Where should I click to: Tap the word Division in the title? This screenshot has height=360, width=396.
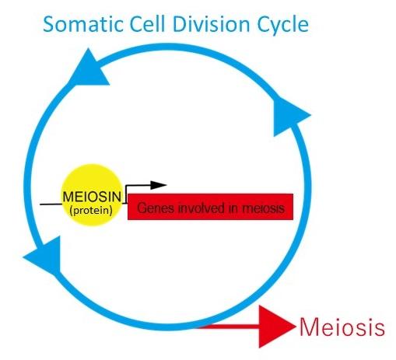(213, 25)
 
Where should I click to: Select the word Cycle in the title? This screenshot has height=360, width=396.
(282, 26)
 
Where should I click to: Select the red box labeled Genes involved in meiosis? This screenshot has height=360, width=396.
(209, 208)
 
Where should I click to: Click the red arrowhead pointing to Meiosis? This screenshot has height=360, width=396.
(276, 327)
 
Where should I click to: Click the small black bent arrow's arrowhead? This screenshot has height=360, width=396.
(159, 185)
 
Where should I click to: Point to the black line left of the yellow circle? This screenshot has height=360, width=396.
(51, 204)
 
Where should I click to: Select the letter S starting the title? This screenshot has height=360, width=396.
(50, 25)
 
